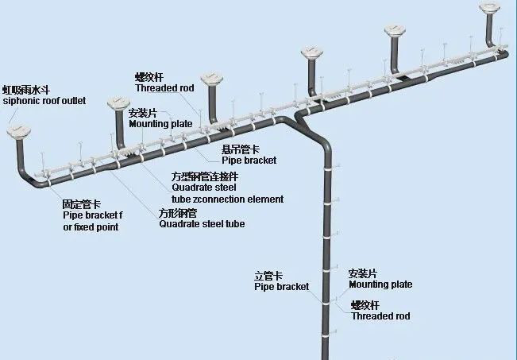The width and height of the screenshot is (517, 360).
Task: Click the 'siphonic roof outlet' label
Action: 44,101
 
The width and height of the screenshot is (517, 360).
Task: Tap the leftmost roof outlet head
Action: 19,131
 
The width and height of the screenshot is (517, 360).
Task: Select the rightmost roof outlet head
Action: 489,8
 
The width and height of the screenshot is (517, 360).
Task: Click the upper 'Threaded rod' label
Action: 164,88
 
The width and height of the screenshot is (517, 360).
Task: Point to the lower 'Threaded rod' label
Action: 380,316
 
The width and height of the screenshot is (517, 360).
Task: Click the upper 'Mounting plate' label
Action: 160,124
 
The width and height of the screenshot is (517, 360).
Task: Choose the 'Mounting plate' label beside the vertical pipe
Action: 380,285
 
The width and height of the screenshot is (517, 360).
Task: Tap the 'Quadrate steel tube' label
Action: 202,224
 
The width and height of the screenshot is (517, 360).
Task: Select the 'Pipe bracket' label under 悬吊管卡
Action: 249,161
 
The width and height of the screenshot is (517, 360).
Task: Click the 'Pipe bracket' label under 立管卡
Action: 282,286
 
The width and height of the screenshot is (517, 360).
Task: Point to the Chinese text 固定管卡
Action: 82,204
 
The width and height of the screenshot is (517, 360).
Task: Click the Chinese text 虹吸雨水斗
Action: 26,90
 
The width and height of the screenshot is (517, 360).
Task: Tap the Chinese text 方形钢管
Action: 178,213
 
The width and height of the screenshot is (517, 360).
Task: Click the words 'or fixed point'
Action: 91,227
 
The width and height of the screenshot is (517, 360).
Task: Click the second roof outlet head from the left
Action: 118,103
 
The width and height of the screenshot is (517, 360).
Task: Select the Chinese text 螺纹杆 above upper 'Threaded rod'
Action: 149,77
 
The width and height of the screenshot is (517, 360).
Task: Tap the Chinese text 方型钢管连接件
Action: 204,177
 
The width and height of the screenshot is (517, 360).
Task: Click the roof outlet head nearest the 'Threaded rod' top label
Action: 212,79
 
